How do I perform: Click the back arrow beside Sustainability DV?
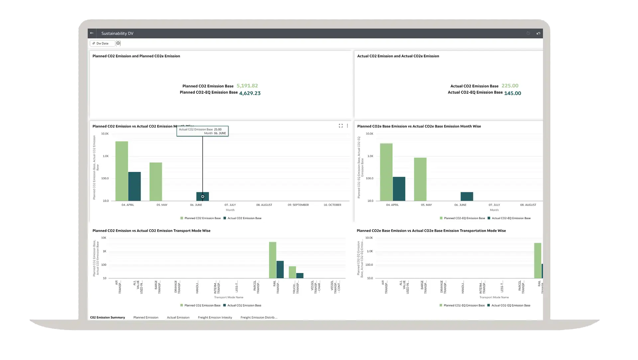coord(92,33)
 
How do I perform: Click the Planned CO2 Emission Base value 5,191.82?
coord(247,86)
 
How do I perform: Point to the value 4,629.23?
coord(250,93)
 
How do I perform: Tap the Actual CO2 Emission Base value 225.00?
coord(510,86)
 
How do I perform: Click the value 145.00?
coord(512,93)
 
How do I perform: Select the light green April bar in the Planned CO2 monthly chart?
coord(122,171)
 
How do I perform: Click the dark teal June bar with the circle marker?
coord(202,196)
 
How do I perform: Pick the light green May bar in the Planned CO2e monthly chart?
coord(420,179)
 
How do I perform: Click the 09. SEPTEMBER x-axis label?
coord(298,205)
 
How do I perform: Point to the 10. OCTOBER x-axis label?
coord(332,205)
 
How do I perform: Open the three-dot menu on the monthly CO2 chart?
coord(347,126)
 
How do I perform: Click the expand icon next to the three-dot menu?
coord(341,126)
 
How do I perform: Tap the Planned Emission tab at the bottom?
coord(146,317)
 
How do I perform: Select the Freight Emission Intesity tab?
coord(215,317)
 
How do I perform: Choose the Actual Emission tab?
coord(178,317)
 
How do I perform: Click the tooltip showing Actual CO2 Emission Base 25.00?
coord(202,131)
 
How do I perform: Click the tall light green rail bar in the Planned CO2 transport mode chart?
coord(272,260)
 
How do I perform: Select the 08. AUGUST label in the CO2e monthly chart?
coord(528,205)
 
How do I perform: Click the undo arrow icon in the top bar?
coord(538,33)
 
